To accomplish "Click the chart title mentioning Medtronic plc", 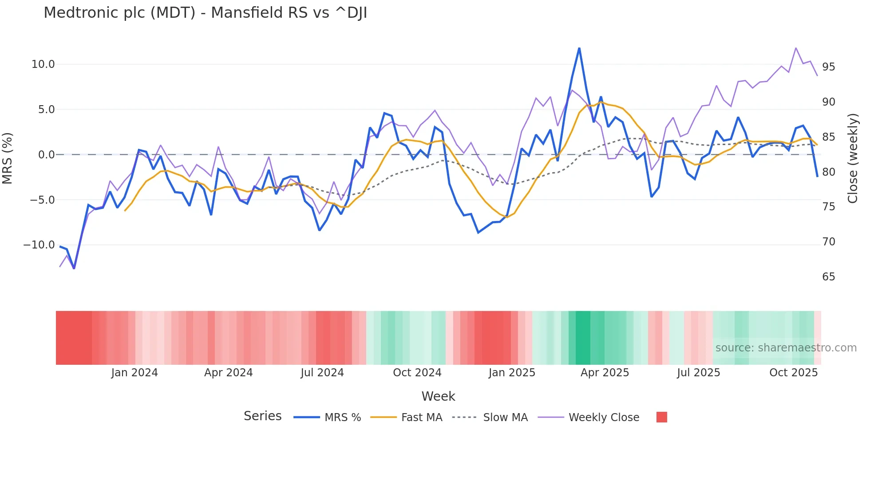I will pos(205,13).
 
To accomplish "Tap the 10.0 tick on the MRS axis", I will pos(43,64).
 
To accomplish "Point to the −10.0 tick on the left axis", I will pos(39,245).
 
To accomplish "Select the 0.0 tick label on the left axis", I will pos(46,155).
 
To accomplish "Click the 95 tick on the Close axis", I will pos(828,67).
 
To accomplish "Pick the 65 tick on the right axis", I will pos(828,277).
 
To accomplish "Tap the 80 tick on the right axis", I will pos(828,172).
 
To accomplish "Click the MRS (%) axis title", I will pos(8,158).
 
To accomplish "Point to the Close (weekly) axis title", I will pos(853,158).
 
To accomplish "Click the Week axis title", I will pos(438,396).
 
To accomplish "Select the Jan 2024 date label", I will pos(134,373).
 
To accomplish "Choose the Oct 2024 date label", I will pos(417,373).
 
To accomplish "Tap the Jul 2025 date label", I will pos(698,373).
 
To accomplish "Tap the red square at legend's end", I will pos(661,417).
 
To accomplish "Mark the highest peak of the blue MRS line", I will pos(579,48).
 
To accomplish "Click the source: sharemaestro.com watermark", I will pos(786,348).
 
